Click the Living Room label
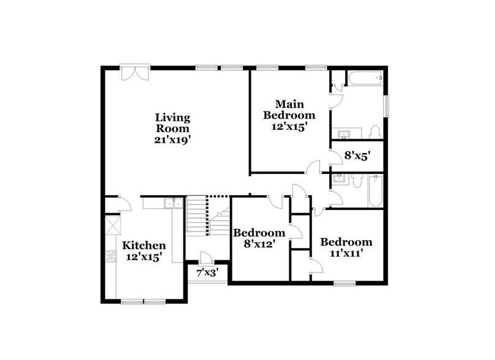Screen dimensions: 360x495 [x=172, y=122]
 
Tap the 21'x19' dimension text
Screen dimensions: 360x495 [x=172, y=140]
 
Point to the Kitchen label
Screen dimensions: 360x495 [x=144, y=246]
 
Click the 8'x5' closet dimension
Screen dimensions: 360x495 [x=357, y=156]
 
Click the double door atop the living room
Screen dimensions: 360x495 [x=133, y=73]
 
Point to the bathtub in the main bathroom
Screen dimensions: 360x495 [x=365, y=78]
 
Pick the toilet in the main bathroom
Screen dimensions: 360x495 [x=376, y=132]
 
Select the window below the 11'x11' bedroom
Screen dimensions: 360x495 [x=344, y=283]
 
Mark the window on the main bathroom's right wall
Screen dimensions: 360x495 [x=386, y=105]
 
